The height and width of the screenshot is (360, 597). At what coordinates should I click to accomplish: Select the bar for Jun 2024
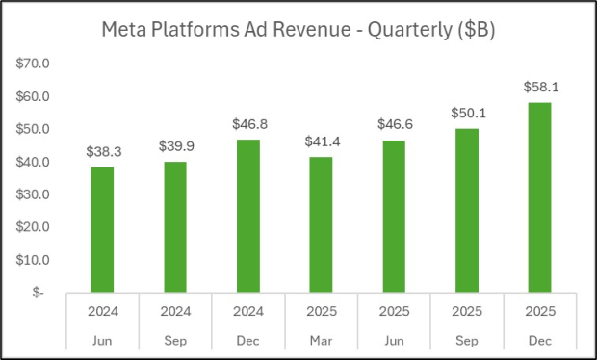(x=102, y=229)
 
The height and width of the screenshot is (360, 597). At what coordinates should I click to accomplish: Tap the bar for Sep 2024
(x=175, y=226)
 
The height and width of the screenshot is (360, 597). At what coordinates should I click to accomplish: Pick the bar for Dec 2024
(x=248, y=216)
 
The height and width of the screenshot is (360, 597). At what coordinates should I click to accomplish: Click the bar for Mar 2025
(x=322, y=224)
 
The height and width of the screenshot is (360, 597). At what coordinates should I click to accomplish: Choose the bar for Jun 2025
(x=394, y=216)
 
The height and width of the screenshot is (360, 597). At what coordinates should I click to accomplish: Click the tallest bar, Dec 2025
(x=539, y=197)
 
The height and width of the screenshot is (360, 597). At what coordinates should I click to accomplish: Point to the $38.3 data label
(x=102, y=152)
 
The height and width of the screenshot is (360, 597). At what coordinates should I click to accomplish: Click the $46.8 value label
(x=248, y=124)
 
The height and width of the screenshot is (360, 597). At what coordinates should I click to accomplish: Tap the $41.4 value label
(x=322, y=141)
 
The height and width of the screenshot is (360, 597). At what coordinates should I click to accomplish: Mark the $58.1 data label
(x=539, y=88)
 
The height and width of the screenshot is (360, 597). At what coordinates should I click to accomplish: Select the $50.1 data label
(x=467, y=113)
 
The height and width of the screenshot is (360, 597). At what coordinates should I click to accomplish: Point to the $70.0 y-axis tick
(x=35, y=64)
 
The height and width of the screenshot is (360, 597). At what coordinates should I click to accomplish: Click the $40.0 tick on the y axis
(x=35, y=162)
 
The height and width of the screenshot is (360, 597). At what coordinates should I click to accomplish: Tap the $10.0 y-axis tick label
(x=35, y=260)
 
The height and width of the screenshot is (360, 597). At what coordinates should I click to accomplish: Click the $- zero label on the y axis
(x=39, y=293)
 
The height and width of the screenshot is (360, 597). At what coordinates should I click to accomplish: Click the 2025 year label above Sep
(x=467, y=311)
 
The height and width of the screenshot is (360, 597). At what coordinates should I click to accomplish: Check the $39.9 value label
(x=175, y=146)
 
